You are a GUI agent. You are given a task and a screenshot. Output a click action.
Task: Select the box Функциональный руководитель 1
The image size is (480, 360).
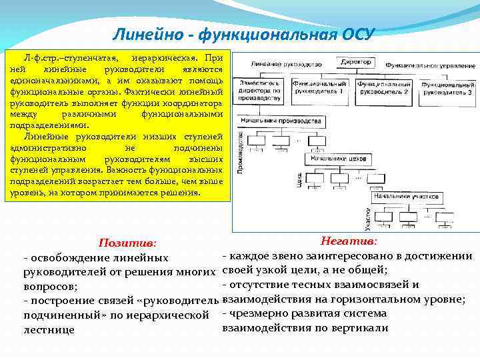click(x=323, y=89)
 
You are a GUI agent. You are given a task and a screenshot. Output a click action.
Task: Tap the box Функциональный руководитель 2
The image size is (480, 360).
click(x=383, y=89)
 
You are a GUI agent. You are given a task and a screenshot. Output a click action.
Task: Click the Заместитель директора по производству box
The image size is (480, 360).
click(x=256, y=91)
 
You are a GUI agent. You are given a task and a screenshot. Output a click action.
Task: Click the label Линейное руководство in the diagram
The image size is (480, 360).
click(x=279, y=65)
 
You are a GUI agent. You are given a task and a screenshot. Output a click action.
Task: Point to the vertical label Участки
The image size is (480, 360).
click(x=367, y=217)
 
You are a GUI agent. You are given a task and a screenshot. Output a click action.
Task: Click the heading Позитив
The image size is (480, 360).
click(x=127, y=243)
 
